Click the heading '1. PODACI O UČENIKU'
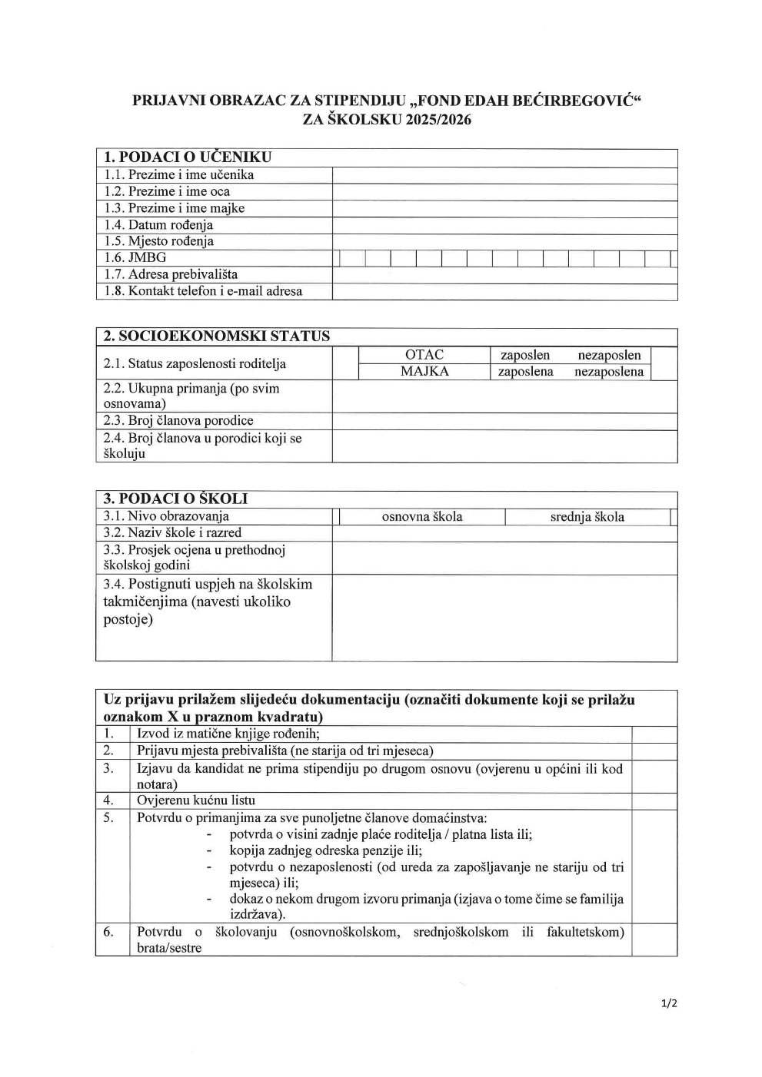click(188, 157)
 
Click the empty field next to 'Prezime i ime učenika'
click(504, 175)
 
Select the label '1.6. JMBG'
click(135, 258)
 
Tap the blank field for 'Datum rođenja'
click(504, 225)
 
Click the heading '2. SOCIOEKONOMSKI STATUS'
click(216, 336)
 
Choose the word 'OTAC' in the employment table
click(424, 355)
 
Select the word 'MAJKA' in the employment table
click(424, 372)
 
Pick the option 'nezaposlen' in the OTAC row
click(609, 355)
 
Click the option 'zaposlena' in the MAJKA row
click(525, 372)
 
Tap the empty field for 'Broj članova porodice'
click(504, 421)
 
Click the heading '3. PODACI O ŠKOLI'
click(175, 499)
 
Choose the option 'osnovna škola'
click(422, 517)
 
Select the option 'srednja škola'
click(587, 517)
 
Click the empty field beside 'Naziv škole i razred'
click(504, 533)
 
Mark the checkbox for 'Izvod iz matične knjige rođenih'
click(654, 734)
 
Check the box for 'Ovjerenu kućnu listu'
click(654, 801)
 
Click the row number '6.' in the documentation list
click(109, 932)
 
